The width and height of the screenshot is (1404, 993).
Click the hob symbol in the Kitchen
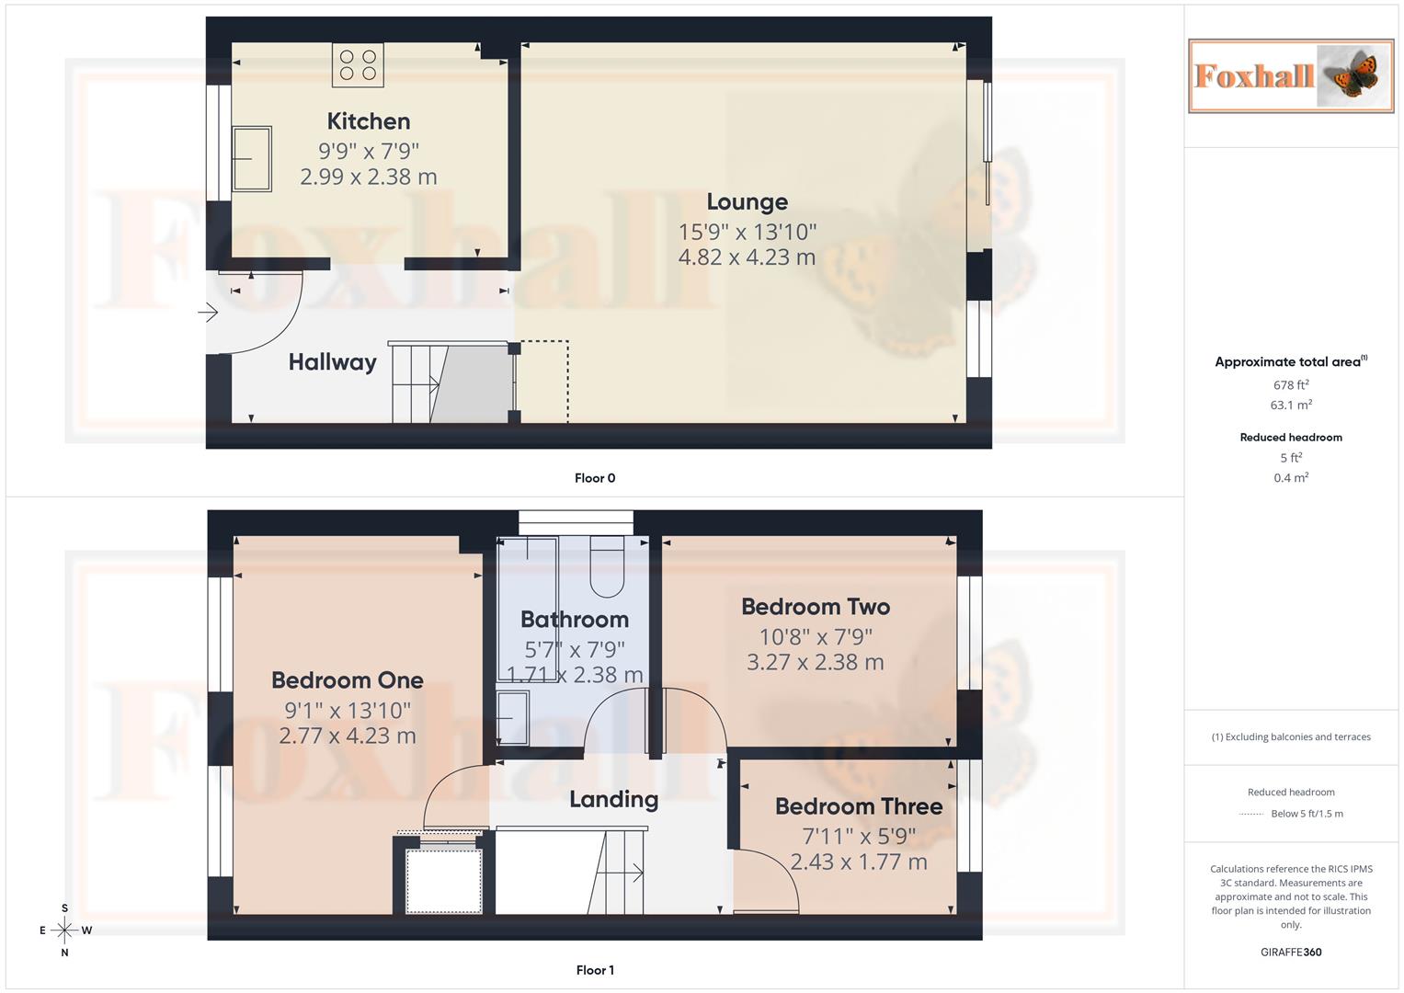[358, 65]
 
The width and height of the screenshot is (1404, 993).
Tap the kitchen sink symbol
[251, 159]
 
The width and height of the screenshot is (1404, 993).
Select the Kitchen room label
[369, 121]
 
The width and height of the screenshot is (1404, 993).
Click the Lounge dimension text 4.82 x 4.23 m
[747, 257]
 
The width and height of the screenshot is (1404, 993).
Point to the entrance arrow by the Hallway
[208, 313]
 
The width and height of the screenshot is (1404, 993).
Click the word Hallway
[332, 362]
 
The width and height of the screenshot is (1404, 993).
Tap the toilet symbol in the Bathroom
[607, 568]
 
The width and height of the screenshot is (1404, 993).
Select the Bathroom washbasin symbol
[512, 717]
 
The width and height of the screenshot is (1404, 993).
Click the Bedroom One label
[348, 680]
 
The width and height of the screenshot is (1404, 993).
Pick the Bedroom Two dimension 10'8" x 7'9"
[816, 636]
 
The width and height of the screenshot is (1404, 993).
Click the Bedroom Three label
[859, 806]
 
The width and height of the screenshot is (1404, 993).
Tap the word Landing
[613, 800]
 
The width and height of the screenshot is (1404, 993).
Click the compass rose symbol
[64, 930]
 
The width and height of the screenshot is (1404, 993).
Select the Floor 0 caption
[595, 478]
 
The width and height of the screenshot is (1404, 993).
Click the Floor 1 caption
[595, 970]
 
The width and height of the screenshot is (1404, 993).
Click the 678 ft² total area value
[1291, 385]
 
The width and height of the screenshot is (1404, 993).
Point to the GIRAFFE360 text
[1291, 953]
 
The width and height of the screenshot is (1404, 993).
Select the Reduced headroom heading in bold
[1291, 438]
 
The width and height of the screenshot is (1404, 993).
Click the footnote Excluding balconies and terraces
[1291, 737]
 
